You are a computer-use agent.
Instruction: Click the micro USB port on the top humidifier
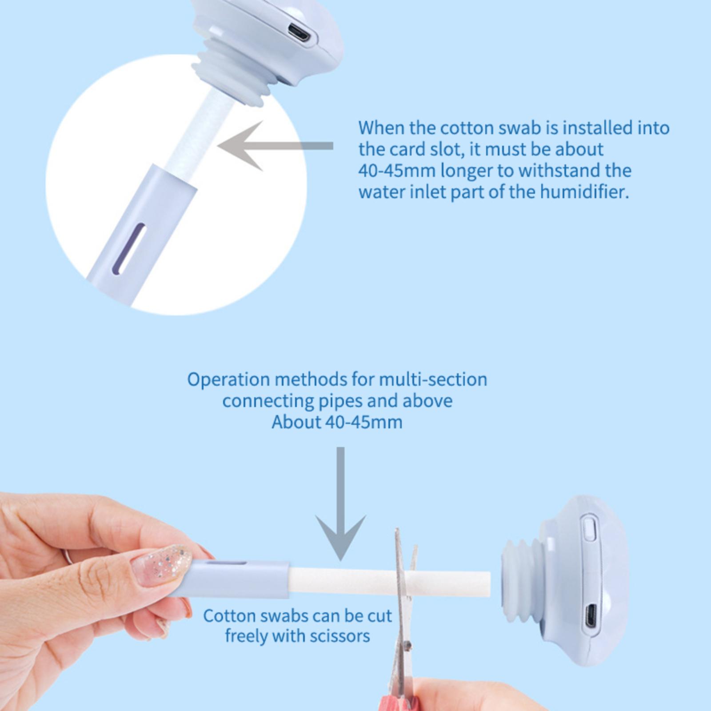coord(298,32)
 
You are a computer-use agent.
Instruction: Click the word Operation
coord(228,380)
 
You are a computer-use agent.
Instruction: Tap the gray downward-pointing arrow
coord(341,503)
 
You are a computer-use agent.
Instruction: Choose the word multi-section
coord(433,380)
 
